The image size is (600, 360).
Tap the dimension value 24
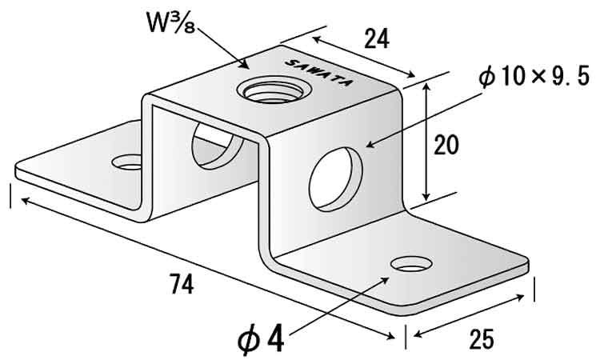377,38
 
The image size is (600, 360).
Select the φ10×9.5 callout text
534,78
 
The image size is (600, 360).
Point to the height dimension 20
446,145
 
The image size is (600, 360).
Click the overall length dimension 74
182,283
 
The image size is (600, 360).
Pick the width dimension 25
481,338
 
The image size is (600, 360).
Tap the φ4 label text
261,340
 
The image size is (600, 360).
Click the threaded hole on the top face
274,90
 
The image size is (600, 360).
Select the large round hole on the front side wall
335,179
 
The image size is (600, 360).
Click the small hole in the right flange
411,263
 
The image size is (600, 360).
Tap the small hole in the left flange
127,162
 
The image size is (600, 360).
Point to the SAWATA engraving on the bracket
318,73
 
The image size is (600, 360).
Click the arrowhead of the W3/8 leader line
245,65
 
